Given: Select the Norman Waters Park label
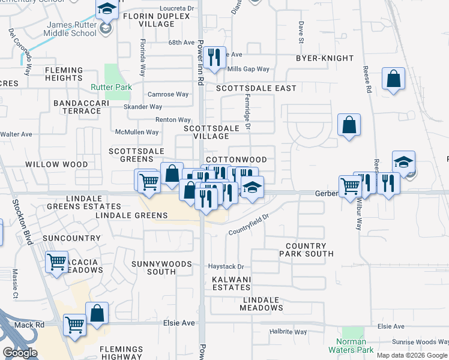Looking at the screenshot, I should coord(351,345).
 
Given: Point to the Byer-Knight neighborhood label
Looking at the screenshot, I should coord(322,58).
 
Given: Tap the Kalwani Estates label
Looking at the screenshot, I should coord(231,283).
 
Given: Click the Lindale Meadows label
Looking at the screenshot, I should coord(261,304).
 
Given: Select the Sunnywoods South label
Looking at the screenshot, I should coord(161,268).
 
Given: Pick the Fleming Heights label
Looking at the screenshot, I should coord(63,74).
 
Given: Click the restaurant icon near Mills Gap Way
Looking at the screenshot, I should coord(214,57).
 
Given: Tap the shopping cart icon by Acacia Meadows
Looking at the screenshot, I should coord(57,261).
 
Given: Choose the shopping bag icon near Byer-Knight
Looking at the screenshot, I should coord(393,78).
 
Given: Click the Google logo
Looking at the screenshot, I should coord(20,353).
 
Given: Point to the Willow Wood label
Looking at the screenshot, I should coord(56,164).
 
